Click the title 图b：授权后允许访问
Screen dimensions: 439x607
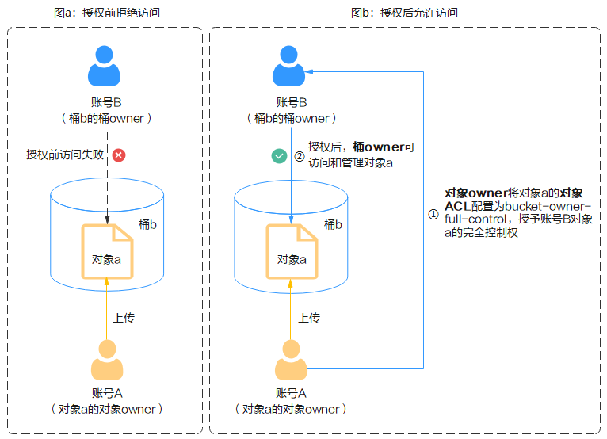tap(404, 13)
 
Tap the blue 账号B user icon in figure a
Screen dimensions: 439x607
tap(105, 65)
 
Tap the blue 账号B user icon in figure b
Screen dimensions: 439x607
tap(291, 65)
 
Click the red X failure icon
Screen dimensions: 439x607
tap(119, 155)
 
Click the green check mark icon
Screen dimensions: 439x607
tap(279, 156)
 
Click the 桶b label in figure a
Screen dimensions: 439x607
tap(147, 225)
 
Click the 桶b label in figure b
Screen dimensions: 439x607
tap(333, 225)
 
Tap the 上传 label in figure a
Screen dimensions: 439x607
tap(124, 318)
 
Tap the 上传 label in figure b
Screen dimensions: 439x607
tap(309, 318)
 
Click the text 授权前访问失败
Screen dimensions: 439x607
tap(66, 155)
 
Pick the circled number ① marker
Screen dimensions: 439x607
tap(433, 214)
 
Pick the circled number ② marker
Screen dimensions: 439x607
tap(299, 156)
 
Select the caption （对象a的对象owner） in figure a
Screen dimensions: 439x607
tap(105, 410)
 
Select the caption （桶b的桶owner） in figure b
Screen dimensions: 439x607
tap(291, 118)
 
